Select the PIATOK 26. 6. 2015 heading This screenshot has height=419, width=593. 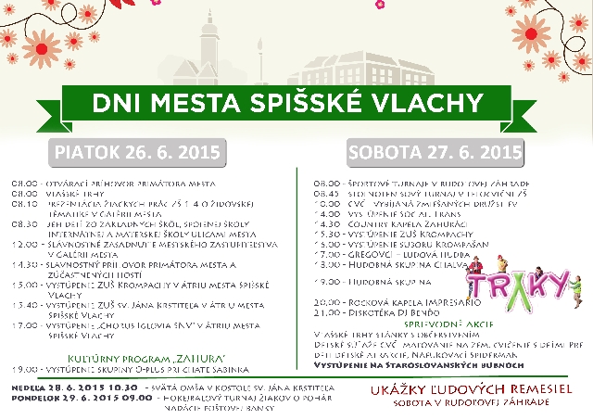tap(136, 151)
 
